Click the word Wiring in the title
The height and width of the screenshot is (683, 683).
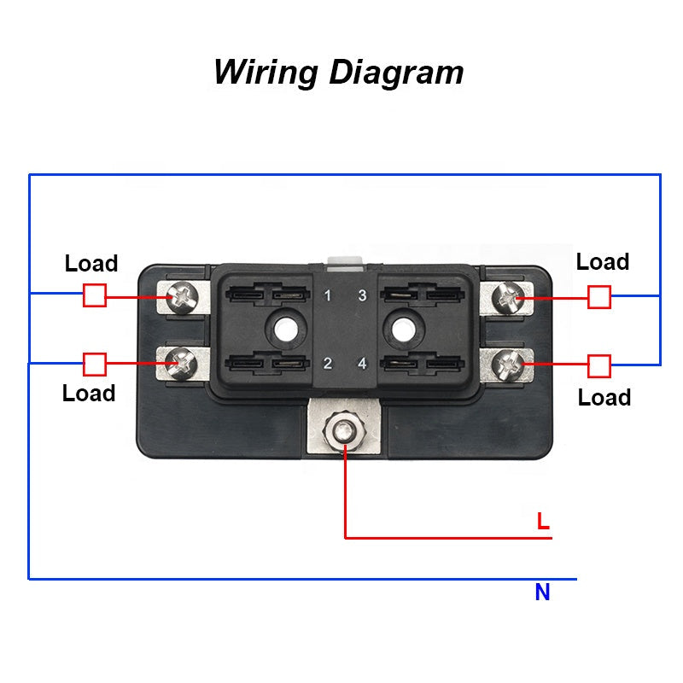point(266,72)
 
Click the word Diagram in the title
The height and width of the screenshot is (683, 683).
point(396,72)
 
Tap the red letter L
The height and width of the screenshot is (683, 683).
point(543,521)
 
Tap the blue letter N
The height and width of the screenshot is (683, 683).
point(542,593)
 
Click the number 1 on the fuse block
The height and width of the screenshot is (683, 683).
point(328,297)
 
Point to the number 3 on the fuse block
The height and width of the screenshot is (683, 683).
point(362,297)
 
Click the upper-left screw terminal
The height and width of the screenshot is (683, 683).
point(183,296)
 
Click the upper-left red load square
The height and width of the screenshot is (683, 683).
point(95,295)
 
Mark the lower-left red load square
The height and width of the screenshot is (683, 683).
point(95,365)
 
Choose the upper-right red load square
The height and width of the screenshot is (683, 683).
point(600,296)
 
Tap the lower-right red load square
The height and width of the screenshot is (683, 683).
point(600,366)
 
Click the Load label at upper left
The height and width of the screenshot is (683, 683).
point(91,264)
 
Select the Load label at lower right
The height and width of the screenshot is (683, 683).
point(604,398)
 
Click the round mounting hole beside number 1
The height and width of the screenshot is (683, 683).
point(283,328)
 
